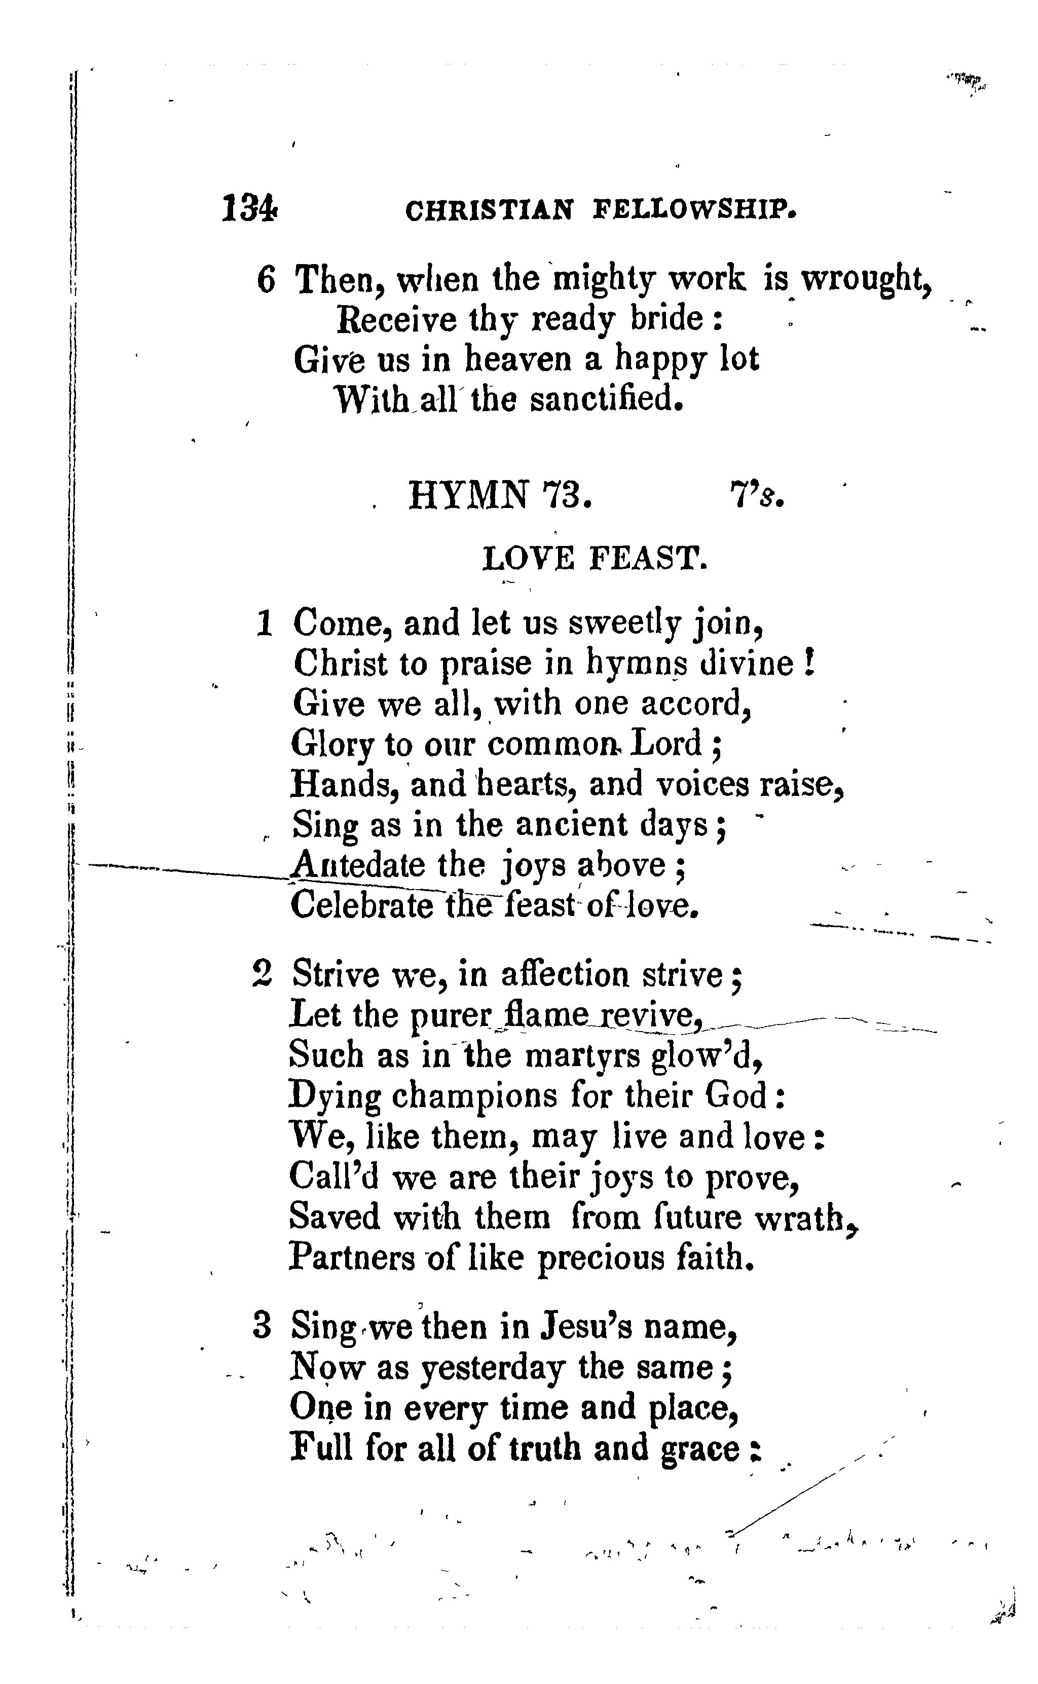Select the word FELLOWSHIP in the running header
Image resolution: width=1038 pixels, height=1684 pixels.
694,209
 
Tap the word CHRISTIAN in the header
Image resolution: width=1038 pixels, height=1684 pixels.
488,210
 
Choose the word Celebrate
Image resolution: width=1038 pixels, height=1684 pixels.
362,905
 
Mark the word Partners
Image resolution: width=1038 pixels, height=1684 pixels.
352,1258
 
